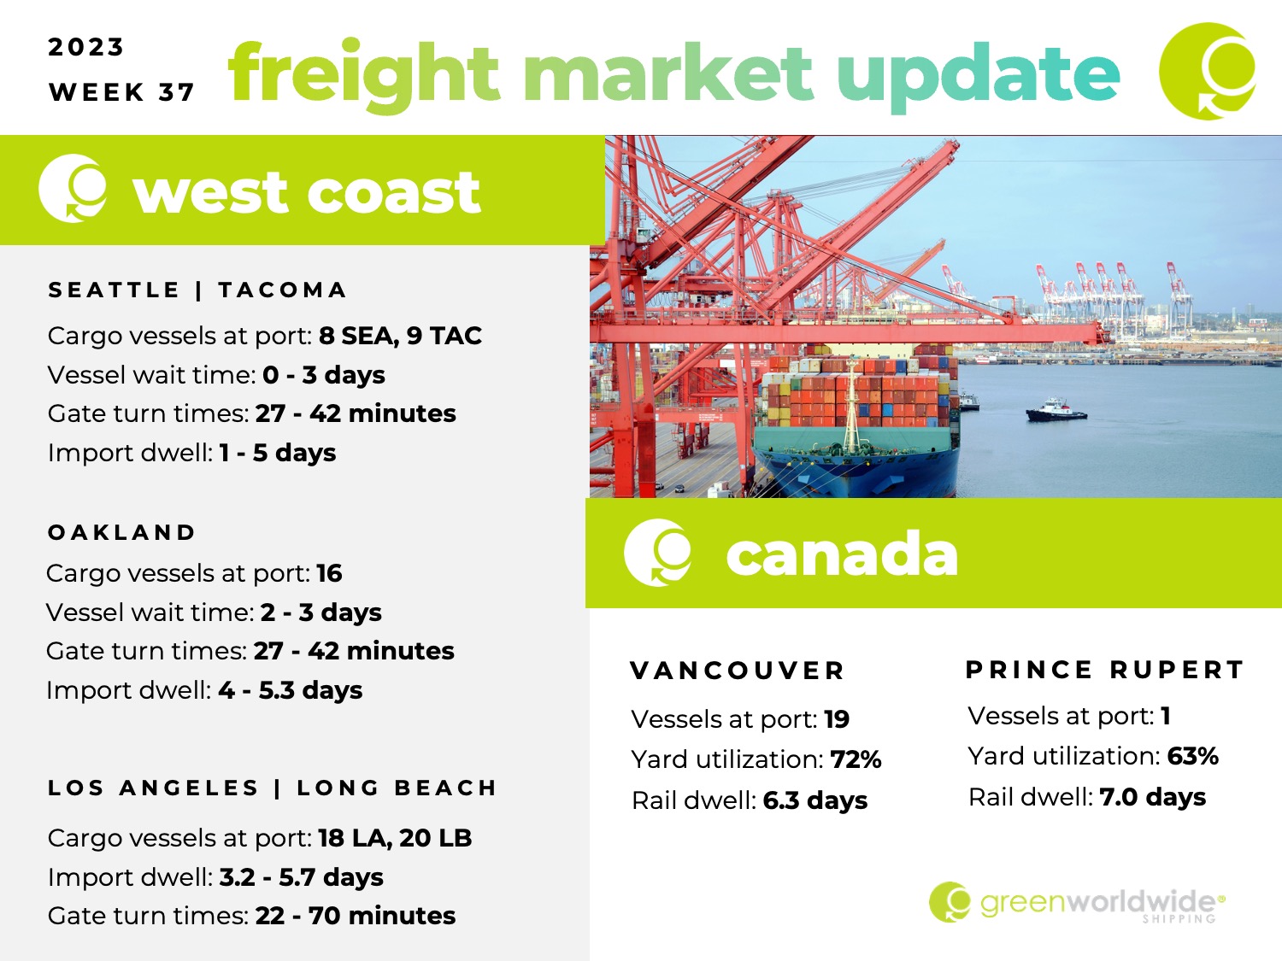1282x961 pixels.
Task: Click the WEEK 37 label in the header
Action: (x=121, y=92)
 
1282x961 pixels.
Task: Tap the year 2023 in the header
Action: (x=85, y=47)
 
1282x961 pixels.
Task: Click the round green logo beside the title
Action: (x=1208, y=71)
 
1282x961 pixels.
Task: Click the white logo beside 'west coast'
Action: (x=73, y=189)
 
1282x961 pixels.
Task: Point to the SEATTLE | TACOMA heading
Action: (x=197, y=290)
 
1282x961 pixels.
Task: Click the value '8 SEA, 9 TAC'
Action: (x=400, y=336)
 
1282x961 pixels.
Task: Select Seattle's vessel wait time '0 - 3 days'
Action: (x=324, y=375)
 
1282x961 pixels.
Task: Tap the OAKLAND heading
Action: (x=121, y=532)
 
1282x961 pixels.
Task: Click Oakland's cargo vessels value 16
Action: (x=329, y=573)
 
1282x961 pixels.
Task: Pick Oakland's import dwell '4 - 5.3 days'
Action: (x=291, y=690)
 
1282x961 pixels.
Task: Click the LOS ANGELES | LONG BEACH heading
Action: (x=272, y=788)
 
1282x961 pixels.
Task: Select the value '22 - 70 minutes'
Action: (x=355, y=916)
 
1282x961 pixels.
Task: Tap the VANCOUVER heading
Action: (x=737, y=671)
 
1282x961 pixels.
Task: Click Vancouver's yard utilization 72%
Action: (x=856, y=759)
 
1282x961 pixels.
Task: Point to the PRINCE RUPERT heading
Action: (x=1104, y=669)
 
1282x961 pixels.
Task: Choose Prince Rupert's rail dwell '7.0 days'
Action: (x=1152, y=797)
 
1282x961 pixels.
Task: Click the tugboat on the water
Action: (x=1056, y=410)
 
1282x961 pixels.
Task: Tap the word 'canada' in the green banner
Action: (x=842, y=554)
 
